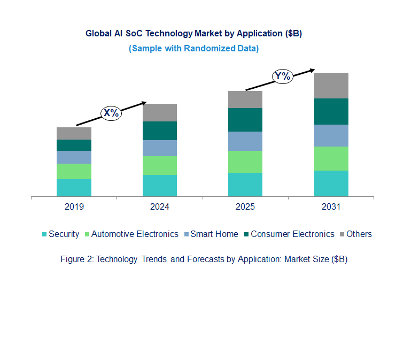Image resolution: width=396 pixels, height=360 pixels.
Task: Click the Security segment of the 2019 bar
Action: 74,188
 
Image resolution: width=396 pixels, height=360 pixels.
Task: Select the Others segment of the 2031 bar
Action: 331,86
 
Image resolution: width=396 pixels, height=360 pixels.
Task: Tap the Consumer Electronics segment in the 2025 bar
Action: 245,120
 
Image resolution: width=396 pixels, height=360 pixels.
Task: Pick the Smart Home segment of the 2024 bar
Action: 160,148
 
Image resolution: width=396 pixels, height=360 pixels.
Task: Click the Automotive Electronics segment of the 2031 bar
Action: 331,158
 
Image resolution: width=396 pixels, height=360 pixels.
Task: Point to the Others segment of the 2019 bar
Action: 74,133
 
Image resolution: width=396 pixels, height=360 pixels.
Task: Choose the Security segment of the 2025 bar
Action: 245,185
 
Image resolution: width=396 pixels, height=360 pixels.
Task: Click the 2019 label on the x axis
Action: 74,206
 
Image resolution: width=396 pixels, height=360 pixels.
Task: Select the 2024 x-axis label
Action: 160,206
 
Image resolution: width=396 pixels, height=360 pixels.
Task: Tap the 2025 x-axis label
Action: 245,206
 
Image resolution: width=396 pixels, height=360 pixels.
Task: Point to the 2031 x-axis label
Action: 331,206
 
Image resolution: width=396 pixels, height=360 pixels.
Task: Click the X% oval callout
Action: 112,113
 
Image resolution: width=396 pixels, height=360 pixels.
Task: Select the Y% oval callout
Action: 282,76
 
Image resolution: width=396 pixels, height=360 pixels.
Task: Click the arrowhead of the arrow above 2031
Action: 312,70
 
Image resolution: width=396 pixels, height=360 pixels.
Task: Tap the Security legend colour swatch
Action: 45,234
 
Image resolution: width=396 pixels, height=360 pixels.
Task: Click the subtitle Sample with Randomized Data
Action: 193,48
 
